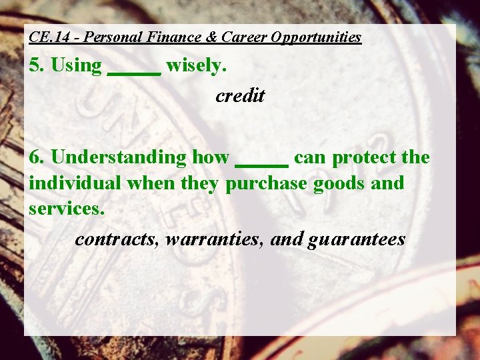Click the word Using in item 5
pos(76,65)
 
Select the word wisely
pos(201,65)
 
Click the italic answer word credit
pos(240,96)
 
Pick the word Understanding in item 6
pos(119,158)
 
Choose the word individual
pos(75,183)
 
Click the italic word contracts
pos(115,239)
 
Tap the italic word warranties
pos(215,239)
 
